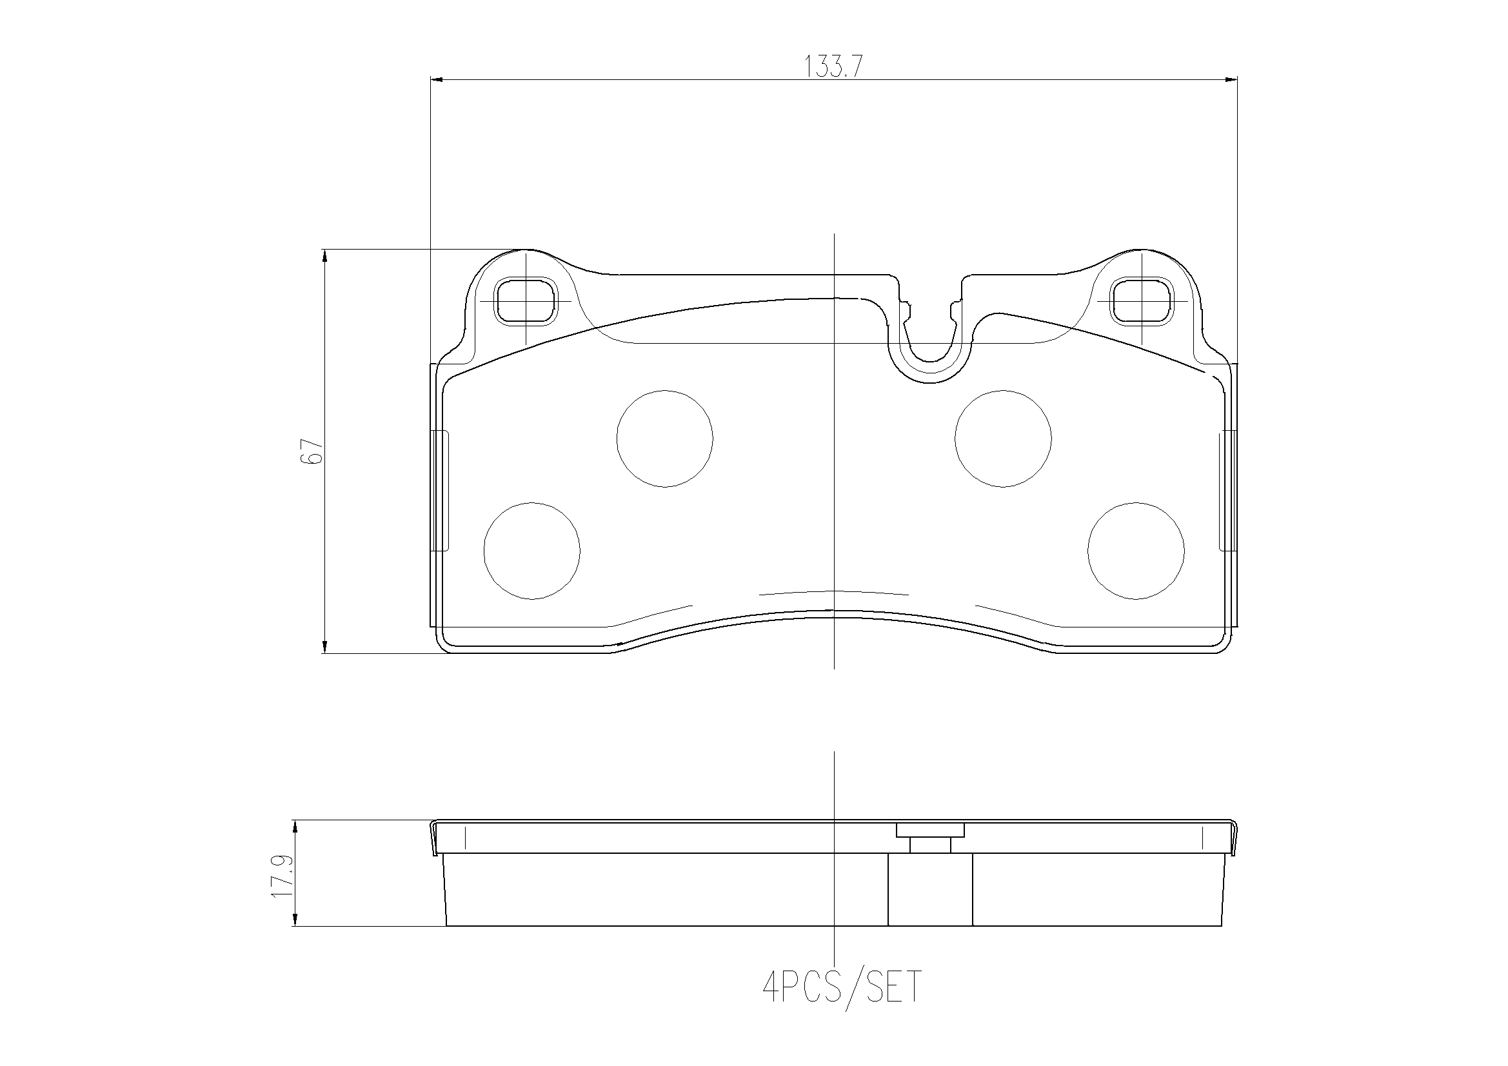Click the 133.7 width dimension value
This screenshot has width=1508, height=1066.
pyautogui.click(x=833, y=66)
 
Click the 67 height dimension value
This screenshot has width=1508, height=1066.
pyautogui.click(x=312, y=452)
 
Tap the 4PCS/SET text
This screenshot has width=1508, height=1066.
pyautogui.click(x=842, y=987)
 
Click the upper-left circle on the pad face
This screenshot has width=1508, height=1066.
pyautogui.click(x=665, y=439)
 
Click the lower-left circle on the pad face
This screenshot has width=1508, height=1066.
pyautogui.click(x=532, y=551)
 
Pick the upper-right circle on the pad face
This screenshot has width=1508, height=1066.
pyautogui.click(x=1003, y=439)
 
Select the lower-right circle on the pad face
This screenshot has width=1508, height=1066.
pyautogui.click(x=1136, y=551)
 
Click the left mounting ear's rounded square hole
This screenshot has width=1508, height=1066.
pyautogui.click(x=526, y=301)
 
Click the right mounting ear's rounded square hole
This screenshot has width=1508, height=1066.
pyautogui.click(x=1142, y=301)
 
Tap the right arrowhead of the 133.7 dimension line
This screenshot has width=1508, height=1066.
pyautogui.click(x=1230, y=79)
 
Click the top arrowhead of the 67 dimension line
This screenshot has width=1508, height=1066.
pyautogui.click(x=324, y=256)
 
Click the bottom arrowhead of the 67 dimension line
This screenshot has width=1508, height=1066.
pyautogui.click(x=324, y=647)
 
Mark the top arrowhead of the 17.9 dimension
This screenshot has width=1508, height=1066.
pyautogui.click(x=295, y=826)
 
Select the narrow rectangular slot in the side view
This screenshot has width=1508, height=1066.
pyautogui.click(x=929, y=890)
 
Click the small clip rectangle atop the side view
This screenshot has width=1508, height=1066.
pyautogui.click(x=930, y=830)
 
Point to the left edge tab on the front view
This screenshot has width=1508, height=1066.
pyautogui.click(x=440, y=491)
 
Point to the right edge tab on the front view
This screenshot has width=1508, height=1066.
pyautogui.click(x=1227, y=491)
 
